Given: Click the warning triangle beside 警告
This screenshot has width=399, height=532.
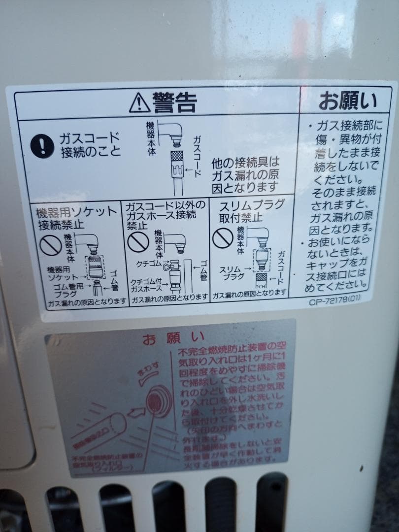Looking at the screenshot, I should pos(139,103).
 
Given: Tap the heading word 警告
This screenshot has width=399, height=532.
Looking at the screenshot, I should pos(175,102).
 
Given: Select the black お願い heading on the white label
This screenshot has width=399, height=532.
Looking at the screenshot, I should pos(347,101).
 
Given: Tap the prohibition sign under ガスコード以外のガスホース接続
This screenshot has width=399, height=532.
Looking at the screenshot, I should pos(138,241).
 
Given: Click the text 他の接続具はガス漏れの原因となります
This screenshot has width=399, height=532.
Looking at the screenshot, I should pos(245,174).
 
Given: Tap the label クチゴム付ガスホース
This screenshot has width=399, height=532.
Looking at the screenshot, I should pos(147,285).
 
